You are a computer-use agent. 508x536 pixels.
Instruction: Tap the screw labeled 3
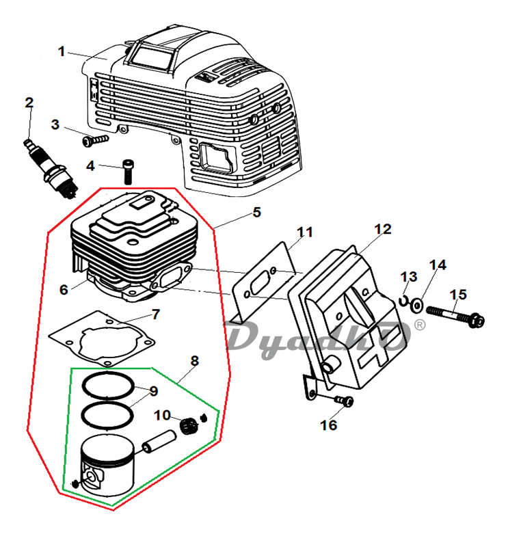coord(96,140)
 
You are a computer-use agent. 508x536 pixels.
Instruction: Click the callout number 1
coord(62,52)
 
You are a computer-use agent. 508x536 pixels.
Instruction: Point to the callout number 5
coord(257,212)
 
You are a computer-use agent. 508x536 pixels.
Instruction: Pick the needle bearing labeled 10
coord(189,427)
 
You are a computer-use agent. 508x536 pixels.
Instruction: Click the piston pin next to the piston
coord(159,442)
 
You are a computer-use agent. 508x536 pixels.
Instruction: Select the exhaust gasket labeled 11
coord(263,281)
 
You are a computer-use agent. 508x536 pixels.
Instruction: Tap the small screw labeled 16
coord(344,401)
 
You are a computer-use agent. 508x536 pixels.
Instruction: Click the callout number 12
coord(383,229)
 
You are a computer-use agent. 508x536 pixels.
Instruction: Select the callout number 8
coord(194,361)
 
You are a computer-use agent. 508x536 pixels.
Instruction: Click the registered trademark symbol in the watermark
coord(420,325)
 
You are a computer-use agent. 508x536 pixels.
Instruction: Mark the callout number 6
coord(64,290)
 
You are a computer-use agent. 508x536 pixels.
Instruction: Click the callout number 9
coord(153,391)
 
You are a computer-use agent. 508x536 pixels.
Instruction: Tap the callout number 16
coord(328,425)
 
